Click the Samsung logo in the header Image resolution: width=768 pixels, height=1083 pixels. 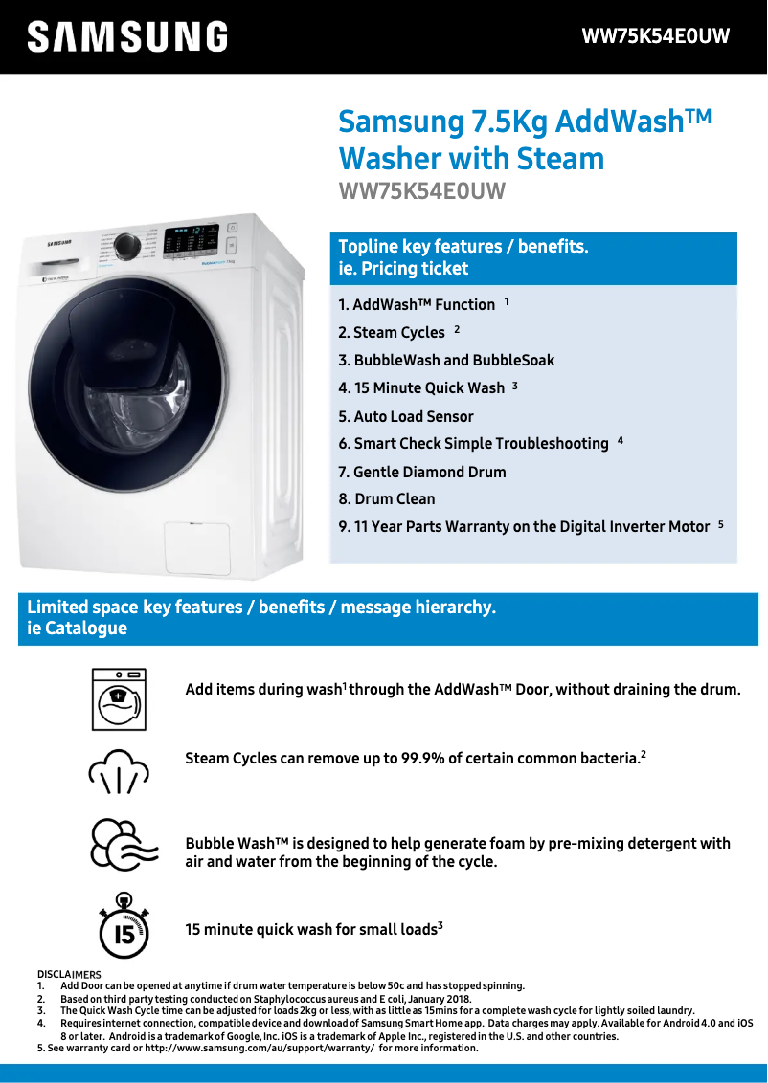127,37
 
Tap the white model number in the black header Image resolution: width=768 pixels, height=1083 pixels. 656,36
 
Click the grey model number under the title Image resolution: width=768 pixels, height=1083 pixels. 421,191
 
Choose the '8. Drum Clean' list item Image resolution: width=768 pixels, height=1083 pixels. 387,498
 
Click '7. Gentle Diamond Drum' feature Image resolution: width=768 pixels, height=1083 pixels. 422,472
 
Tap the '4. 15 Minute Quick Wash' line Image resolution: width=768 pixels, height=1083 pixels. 421,387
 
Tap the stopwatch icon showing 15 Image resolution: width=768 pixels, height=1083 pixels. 124,925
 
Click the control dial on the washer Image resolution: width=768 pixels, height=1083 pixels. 125,246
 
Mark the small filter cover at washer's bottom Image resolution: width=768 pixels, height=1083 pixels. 196,548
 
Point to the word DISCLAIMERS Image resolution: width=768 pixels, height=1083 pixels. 69,975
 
